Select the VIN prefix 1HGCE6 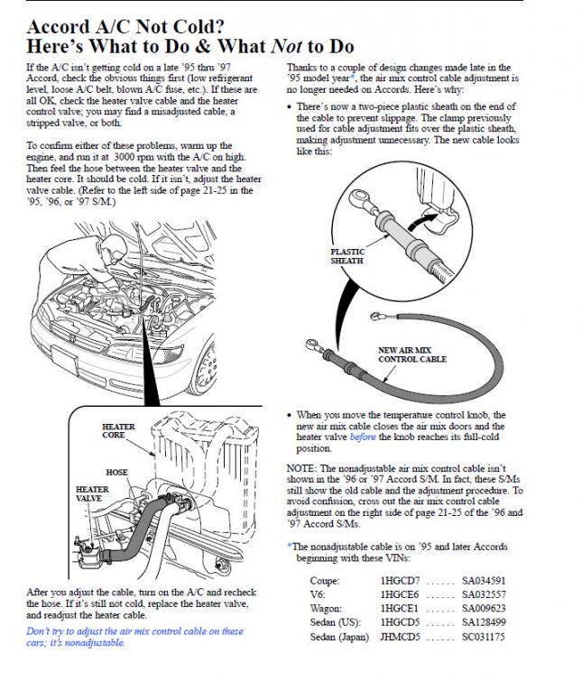point(400,594)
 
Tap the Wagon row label point(327,609)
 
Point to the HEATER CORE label point(118,431)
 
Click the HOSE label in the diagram point(116,473)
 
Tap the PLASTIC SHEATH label point(347,256)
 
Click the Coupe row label point(325,581)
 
